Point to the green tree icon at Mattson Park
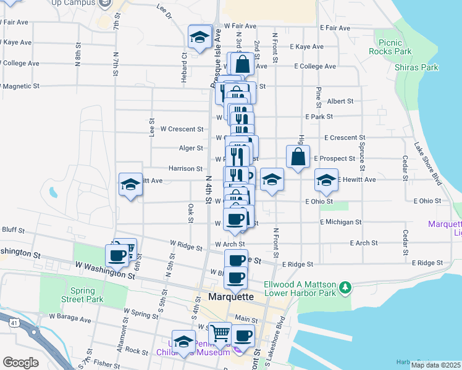click(x=345, y=287)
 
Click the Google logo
click(x=20, y=363)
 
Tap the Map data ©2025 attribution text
click(x=435, y=365)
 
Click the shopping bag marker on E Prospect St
click(x=298, y=157)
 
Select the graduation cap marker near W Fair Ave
click(x=199, y=36)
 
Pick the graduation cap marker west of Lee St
click(x=130, y=184)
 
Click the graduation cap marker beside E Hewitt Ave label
click(x=327, y=180)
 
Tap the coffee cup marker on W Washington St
click(x=116, y=255)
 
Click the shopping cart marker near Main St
click(x=220, y=334)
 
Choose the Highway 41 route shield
click(x=12, y=321)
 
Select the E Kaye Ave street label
click(x=309, y=47)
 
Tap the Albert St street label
click(x=340, y=101)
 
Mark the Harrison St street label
click(x=185, y=168)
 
